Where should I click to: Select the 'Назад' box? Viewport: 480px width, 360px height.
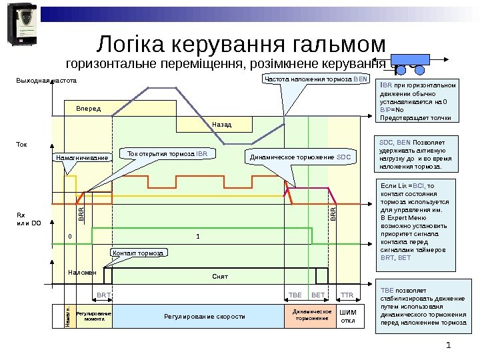tap(222, 124)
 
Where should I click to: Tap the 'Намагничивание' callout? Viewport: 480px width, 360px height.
tap(82, 158)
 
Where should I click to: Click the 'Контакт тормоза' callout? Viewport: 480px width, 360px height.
tap(137, 253)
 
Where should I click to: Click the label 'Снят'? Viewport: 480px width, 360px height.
tap(220, 276)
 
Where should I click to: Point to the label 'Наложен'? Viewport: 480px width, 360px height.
tap(82, 273)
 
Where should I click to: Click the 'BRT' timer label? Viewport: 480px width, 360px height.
tap(103, 294)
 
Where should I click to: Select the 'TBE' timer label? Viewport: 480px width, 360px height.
tap(295, 294)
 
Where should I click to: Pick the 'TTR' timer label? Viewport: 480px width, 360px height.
tap(347, 294)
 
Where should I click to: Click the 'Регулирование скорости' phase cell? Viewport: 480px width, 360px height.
tap(205, 316)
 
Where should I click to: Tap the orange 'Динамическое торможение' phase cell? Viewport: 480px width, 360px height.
tap(312, 315)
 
